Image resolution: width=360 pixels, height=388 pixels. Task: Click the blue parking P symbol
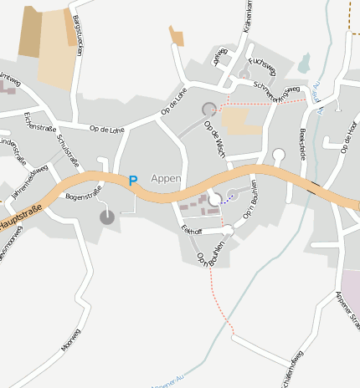click(x=132, y=180)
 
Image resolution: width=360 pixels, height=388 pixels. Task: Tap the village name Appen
click(x=166, y=178)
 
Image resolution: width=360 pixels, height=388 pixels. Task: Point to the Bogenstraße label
click(x=83, y=195)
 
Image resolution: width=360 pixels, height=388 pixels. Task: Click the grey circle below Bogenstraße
click(x=107, y=217)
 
